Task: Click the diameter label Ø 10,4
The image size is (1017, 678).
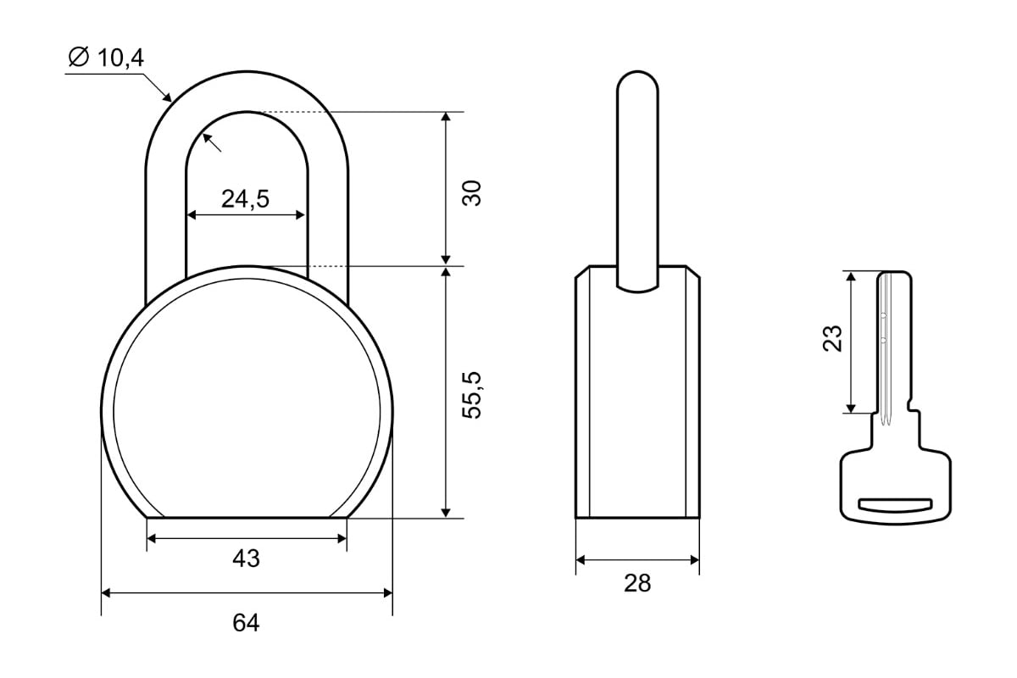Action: pyautogui.click(x=106, y=58)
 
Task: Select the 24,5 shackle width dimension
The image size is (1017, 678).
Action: pyautogui.click(x=245, y=199)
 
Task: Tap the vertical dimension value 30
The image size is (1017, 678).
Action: pyautogui.click(x=472, y=193)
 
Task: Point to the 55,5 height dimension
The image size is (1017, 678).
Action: pyautogui.click(x=472, y=395)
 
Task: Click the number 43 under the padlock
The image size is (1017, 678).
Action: pyautogui.click(x=246, y=559)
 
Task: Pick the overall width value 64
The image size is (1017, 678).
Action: pyautogui.click(x=246, y=623)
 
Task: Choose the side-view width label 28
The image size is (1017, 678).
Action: pyautogui.click(x=637, y=583)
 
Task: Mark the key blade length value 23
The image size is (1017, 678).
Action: pyautogui.click(x=832, y=338)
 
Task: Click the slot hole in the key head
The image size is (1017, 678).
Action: pyautogui.click(x=895, y=505)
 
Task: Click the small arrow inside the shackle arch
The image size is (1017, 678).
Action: pyautogui.click(x=212, y=142)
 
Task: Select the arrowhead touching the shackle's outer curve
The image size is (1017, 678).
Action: pyautogui.click(x=167, y=97)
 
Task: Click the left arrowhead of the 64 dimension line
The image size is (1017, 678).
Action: pyautogui.click(x=106, y=593)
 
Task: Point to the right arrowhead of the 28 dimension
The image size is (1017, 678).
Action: pyautogui.click(x=695, y=560)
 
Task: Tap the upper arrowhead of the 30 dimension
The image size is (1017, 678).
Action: pyautogui.click(x=446, y=117)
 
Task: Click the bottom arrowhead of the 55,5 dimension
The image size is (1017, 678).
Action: pyautogui.click(x=446, y=512)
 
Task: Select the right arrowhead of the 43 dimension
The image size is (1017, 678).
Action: pyautogui.click(x=342, y=539)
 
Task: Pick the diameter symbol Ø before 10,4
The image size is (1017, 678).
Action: pyautogui.click(x=79, y=58)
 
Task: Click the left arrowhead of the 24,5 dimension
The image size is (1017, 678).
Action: pyautogui.click(x=192, y=214)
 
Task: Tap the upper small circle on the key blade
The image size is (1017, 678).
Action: pyautogui.click(x=883, y=315)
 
